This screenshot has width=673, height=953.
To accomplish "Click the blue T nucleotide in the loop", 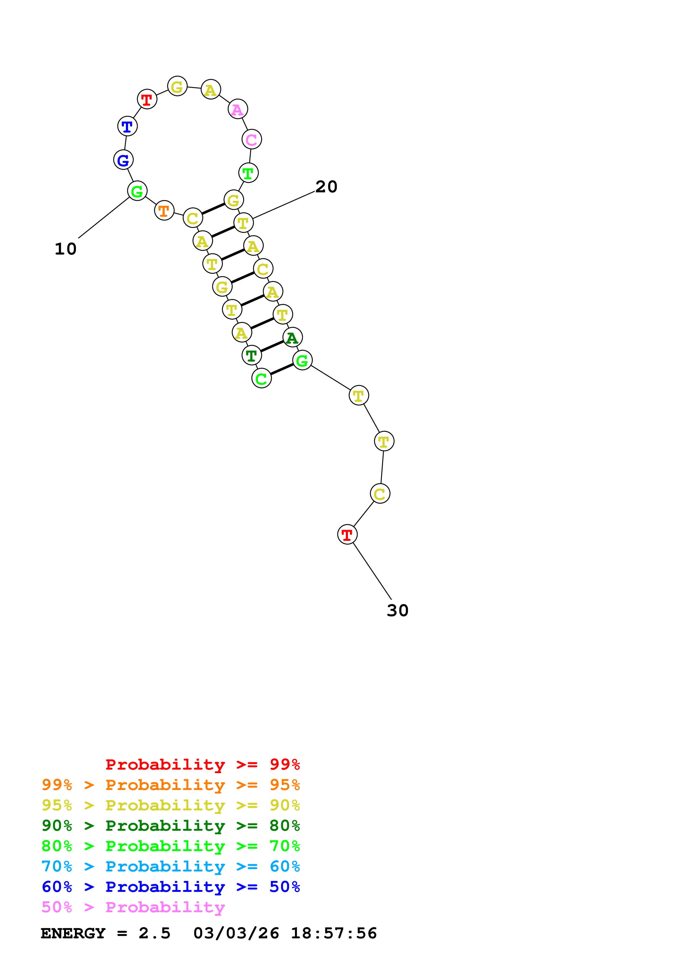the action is [x=127, y=126].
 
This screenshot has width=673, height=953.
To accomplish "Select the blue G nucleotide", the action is [x=123, y=160].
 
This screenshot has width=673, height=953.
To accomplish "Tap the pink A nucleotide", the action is [x=238, y=109].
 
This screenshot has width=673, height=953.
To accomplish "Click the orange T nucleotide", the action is [x=164, y=211].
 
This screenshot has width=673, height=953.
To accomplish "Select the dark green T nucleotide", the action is [x=251, y=356].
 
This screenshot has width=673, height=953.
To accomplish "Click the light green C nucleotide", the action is [x=261, y=378].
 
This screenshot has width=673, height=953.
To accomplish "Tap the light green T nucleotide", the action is [x=248, y=173].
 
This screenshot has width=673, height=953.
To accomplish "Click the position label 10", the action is [x=65, y=249].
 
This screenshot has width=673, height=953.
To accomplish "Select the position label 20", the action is [x=326, y=187].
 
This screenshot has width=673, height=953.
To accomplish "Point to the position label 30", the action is [x=397, y=611].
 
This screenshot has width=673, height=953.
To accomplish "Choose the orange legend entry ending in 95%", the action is [x=170, y=785].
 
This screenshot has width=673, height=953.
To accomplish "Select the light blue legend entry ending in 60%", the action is [x=170, y=866].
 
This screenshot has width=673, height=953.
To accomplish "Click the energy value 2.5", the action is [x=154, y=933].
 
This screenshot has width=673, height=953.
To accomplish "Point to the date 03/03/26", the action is [x=236, y=933].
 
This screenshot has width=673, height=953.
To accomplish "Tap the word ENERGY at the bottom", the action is [x=73, y=933].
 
